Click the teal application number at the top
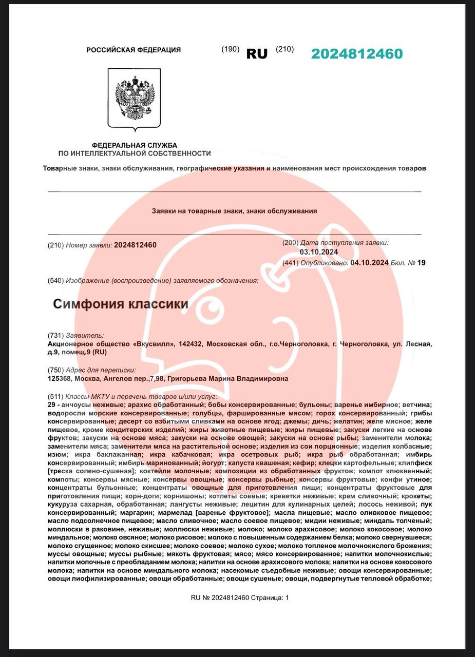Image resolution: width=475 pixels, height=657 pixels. click(357, 54)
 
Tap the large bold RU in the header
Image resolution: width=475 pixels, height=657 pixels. click(257, 54)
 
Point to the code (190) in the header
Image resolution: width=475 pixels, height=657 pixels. click(231, 49)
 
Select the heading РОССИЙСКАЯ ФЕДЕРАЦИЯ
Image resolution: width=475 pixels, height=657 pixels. click(134, 50)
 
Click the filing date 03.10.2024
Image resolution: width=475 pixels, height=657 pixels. click(319, 252)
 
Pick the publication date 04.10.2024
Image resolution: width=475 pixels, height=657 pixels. click(369, 263)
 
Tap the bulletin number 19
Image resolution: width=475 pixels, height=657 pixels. click(422, 263)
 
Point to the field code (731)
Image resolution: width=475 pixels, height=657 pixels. click(56, 335)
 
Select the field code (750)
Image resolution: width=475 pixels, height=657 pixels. click(56, 370)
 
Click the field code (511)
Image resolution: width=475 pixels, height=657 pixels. click(56, 397)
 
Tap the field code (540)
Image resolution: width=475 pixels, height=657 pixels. click(56, 280)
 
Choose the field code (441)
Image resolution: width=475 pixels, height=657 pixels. click(291, 263)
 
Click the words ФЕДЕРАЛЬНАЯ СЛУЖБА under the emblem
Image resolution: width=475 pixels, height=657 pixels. click(135, 145)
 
